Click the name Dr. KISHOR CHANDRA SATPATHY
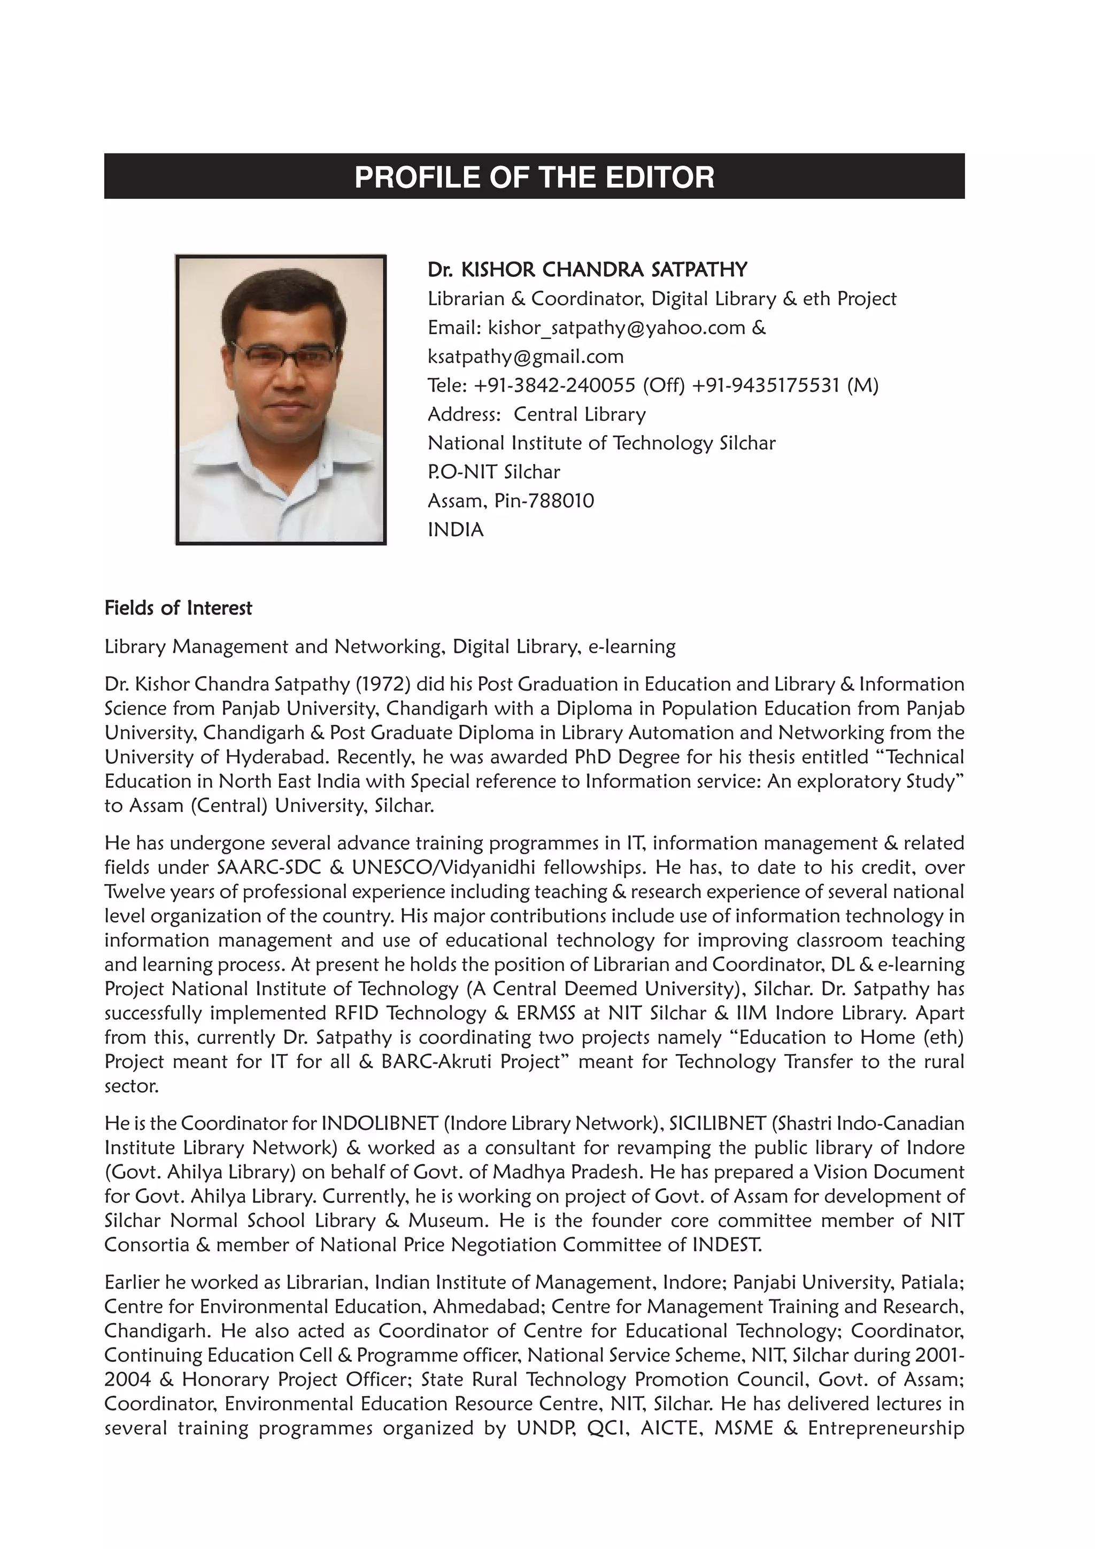pos(587,270)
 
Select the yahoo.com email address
pos(616,328)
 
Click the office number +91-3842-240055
pos(554,386)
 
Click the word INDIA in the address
pos(456,530)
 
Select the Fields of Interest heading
pos(178,608)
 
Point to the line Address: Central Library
pos(536,415)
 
